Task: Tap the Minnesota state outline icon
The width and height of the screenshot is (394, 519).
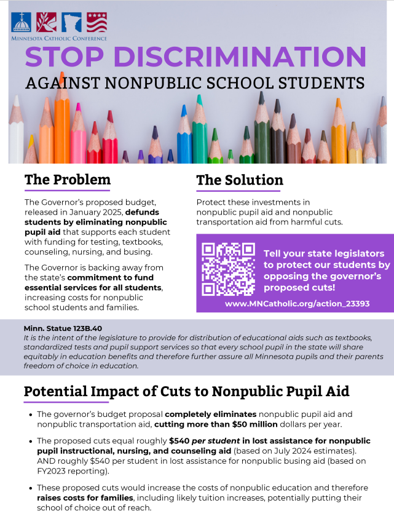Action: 71,22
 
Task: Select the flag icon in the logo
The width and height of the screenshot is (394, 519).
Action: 96,22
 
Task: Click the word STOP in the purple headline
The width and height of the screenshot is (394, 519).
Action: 63,57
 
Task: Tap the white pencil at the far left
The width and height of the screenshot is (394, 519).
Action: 17,132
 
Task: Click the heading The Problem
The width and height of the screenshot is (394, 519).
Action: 68,180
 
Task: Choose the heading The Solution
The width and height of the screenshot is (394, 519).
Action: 240,180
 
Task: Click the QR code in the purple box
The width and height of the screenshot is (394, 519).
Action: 228,269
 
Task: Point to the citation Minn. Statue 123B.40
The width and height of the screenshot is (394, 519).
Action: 63,328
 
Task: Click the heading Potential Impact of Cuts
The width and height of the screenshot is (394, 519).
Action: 186,392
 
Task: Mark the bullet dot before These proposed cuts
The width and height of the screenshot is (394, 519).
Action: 31,488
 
